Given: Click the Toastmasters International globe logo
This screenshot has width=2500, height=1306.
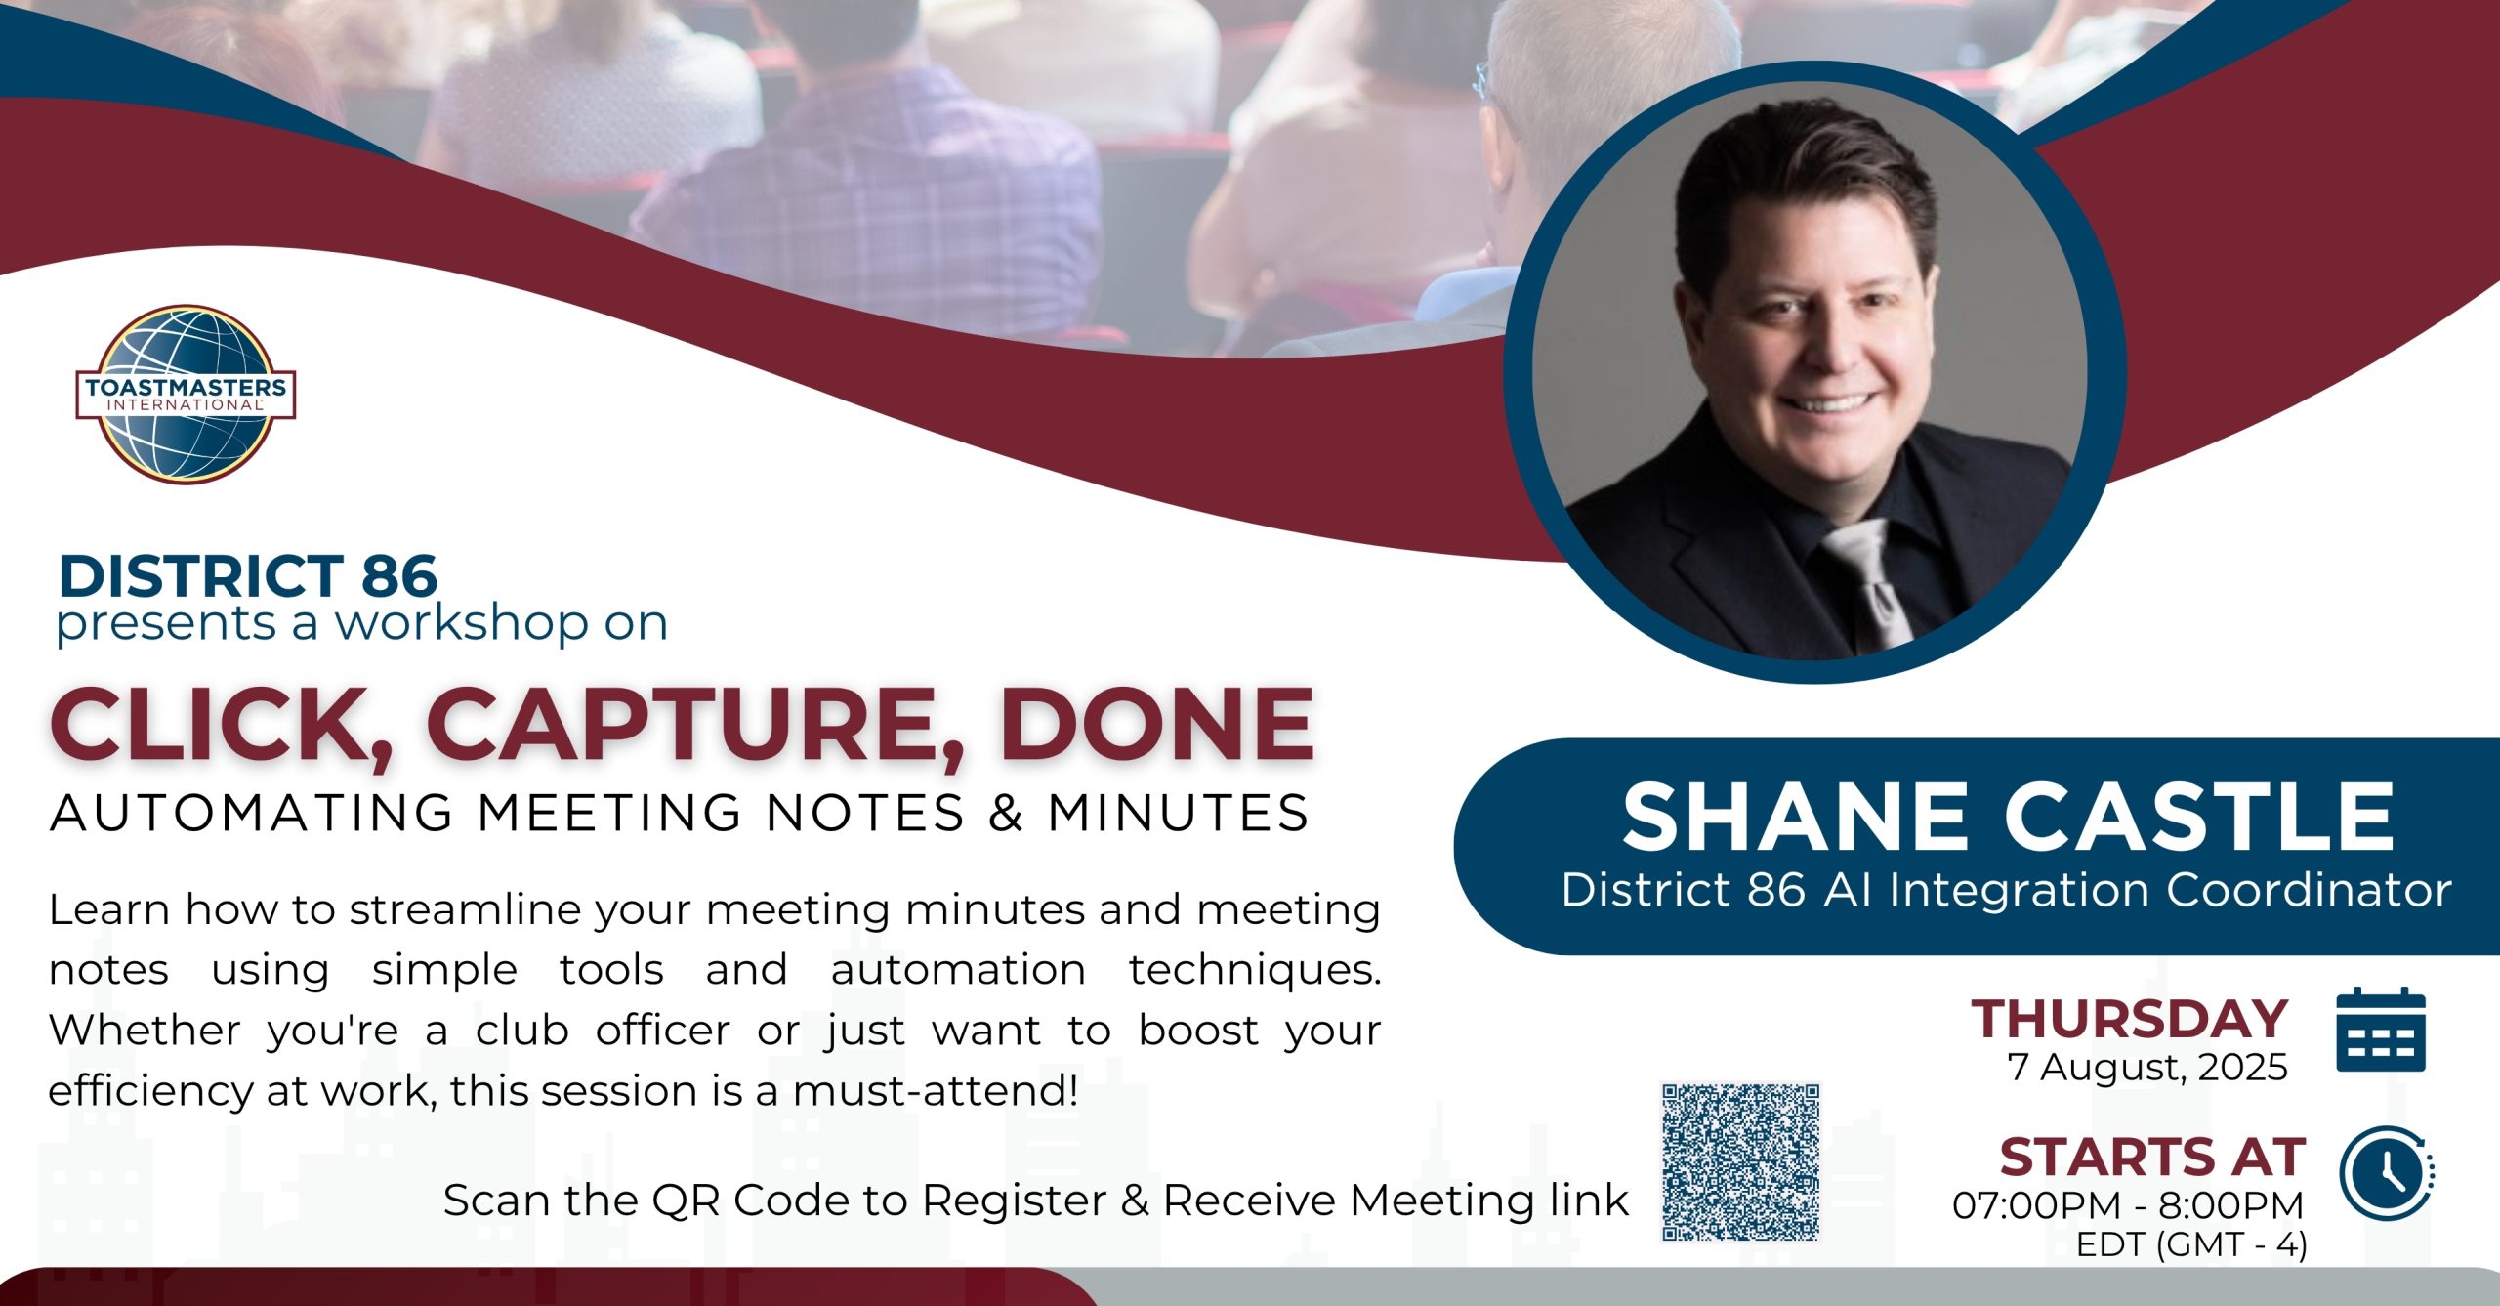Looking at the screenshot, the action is coord(186,395).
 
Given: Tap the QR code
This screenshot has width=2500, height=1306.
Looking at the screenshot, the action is coord(1740,1161).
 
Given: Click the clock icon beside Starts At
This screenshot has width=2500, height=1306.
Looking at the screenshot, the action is coord(2386,1172).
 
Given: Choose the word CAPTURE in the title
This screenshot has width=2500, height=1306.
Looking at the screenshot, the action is coord(695,726).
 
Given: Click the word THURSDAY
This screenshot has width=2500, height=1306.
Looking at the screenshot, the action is coord(2130,1019).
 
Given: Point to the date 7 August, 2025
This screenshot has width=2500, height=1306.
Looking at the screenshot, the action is coord(2147,1068).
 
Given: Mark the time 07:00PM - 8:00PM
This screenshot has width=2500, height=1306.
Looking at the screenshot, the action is coord(2128,1205).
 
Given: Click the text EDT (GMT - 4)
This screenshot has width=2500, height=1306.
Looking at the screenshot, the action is coord(2191,1245).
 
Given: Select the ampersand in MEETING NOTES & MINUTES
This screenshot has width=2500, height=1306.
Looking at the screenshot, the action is coord(1006,814).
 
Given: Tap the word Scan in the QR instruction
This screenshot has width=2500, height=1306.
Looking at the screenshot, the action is coord(496,1201).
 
